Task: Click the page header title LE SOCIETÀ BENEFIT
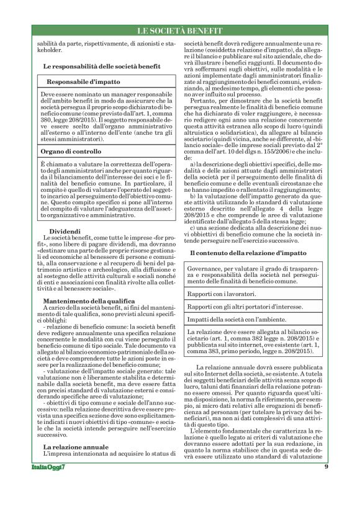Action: coord(180,30)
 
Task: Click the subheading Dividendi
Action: coord(63,232)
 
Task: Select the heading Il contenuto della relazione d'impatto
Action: coord(248,254)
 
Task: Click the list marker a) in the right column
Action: coord(193,163)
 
